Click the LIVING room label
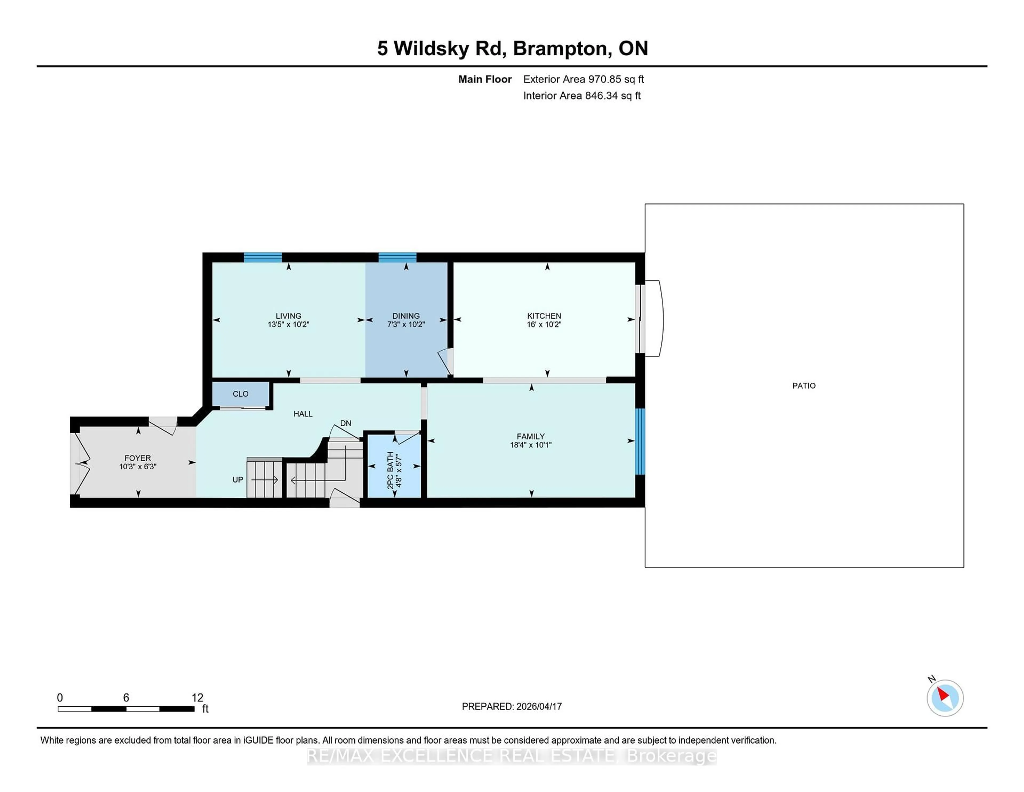coord(288,316)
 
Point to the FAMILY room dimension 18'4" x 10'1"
coord(530,445)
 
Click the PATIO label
coord(804,386)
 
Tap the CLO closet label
coord(241,394)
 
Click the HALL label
coord(303,414)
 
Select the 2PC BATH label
coord(390,470)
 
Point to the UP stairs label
coord(238,480)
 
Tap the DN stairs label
coord(346,423)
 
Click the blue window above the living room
coord(263,257)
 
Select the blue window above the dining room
coord(397,257)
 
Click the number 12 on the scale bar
coord(197,698)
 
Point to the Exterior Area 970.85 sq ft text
coord(583,79)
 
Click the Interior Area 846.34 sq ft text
coord(581,96)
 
